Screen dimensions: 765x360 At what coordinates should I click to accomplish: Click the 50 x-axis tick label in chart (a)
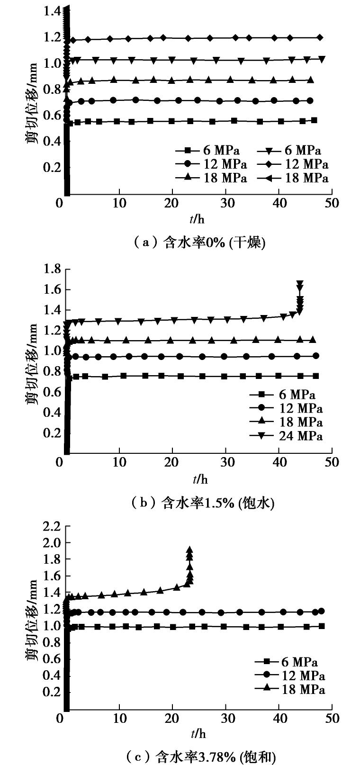point(332,204)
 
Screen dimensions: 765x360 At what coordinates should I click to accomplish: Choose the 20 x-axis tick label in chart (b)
point(173,462)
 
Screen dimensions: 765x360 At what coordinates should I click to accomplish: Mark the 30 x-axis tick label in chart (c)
point(226,719)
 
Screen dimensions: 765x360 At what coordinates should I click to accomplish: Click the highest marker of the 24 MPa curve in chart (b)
point(300,284)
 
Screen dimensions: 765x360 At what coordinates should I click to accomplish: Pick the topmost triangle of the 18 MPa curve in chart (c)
point(189,550)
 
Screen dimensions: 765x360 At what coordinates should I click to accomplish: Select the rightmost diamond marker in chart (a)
point(320,37)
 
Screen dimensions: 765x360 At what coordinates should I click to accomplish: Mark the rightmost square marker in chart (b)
point(316,376)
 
